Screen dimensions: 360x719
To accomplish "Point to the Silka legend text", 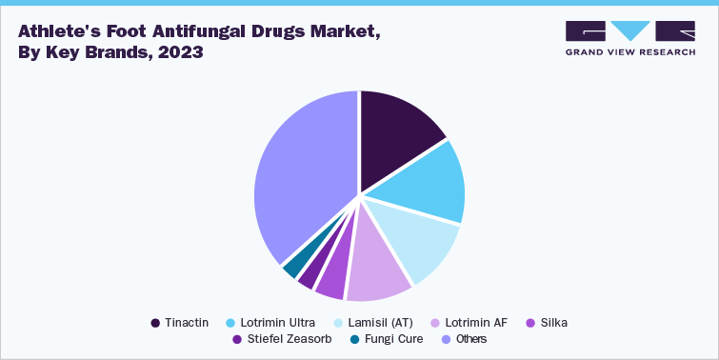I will [553, 323].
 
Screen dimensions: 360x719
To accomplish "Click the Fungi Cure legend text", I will [395, 339].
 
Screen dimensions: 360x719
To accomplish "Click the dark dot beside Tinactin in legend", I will [155, 323].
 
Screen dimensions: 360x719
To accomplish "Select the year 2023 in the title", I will [180, 52].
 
